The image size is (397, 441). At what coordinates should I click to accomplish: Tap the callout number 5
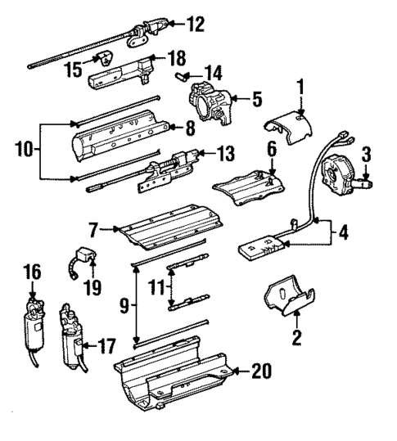256,101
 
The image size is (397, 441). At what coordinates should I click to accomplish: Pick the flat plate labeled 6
246,184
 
